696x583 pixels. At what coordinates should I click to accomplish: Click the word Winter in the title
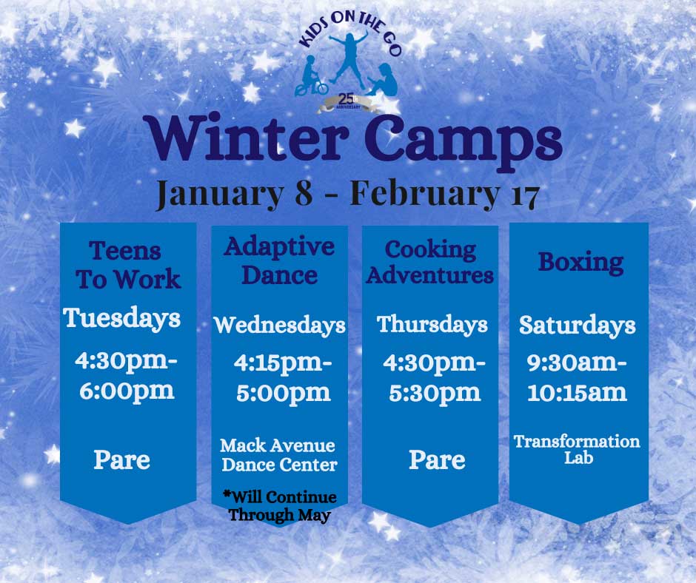click(248, 138)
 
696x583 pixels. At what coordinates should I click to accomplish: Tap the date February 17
click(445, 195)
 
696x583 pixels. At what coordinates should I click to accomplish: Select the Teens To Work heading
click(127, 266)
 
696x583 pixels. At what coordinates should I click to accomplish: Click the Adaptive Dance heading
click(279, 261)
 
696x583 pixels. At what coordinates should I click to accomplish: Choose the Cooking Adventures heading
click(430, 263)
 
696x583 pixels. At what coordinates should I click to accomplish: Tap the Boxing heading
click(580, 263)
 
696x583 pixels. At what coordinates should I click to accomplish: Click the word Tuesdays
click(121, 319)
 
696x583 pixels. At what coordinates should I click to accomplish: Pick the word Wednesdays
click(280, 326)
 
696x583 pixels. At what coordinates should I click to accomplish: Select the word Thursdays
click(432, 324)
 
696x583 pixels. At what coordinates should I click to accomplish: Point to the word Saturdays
click(578, 326)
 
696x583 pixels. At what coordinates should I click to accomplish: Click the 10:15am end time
click(577, 393)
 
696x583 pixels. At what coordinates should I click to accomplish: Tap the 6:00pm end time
click(127, 391)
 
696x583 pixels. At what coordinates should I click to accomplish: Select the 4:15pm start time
click(283, 363)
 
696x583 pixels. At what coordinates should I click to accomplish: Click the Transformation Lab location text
click(577, 449)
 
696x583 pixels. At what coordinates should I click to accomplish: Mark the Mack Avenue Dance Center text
click(278, 456)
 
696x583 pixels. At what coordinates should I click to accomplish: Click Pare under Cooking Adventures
click(437, 460)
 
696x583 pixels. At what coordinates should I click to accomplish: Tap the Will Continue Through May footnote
click(280, 506)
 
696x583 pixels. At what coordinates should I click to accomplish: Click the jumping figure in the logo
click(349, 55)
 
